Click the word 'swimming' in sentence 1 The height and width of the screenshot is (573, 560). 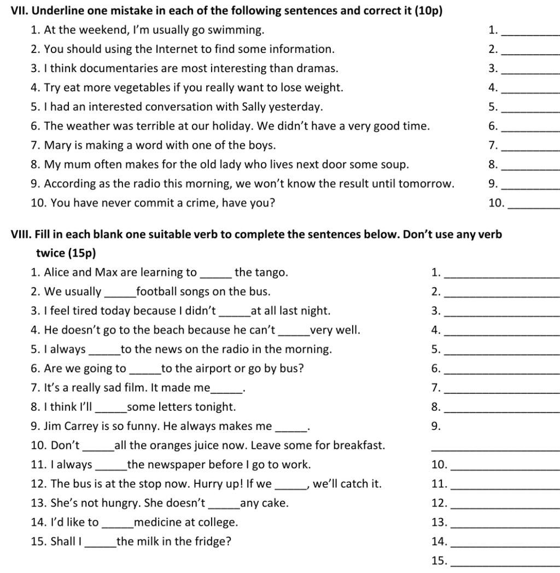tap(240, 30)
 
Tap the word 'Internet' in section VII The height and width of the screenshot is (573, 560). tap(177, 49)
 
